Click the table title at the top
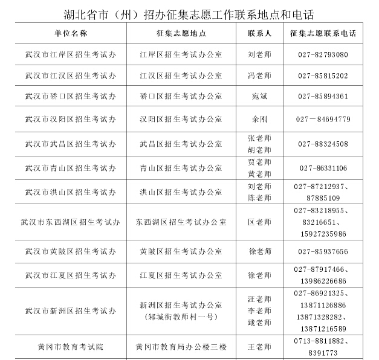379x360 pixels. [x=189, y=14]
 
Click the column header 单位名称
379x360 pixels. [x=71, y=33]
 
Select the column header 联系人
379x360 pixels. [x=259, y=33]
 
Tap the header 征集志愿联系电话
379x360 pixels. [x=323, y=33]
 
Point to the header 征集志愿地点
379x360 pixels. [x=181, y=33]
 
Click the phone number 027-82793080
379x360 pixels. [x=323, y=55]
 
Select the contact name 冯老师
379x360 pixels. [x=259, y=76]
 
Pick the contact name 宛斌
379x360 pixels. [x=259, y=97]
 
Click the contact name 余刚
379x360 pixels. [x=259, y=119]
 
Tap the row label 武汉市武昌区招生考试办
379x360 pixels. [x=71, y=144]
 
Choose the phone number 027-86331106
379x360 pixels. [x=323, y=168]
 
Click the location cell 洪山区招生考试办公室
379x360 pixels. [x=181, y=192]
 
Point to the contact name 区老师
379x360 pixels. [x=259, y=222]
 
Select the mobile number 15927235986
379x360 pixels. [x=323, y=234]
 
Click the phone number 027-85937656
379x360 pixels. [x=323, y=251]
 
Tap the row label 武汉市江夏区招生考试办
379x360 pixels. [x=71, y=275]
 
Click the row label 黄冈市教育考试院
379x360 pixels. [x=71, y=347]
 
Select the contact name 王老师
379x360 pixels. [x=259, y=347]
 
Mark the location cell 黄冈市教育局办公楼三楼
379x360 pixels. [x=181, y=347]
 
